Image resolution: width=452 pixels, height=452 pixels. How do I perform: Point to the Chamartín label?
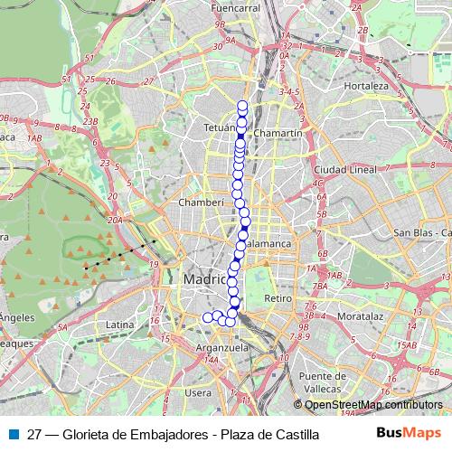(278, 133)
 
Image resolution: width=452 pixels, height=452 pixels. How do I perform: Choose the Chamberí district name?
(202, 202)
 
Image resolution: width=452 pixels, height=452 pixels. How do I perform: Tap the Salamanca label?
(268, 244)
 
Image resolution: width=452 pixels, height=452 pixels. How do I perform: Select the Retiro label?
(277, 297)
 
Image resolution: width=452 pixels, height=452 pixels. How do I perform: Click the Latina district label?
(119, 324)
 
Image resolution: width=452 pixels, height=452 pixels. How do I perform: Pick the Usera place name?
(198, 392)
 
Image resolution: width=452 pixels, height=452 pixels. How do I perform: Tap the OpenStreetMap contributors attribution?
(373, 406)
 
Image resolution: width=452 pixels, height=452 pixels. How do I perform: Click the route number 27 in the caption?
(34, 434)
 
